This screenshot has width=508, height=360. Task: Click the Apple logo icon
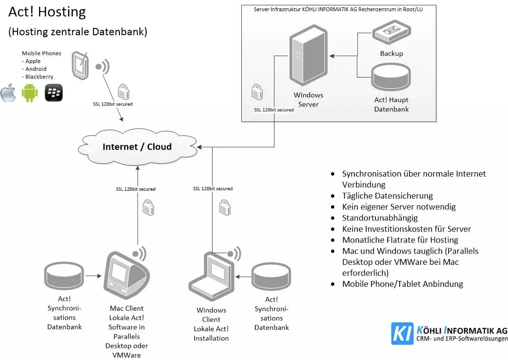[8, 93]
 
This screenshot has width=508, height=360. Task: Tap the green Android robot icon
[29, 92]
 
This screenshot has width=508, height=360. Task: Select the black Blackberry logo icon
[54, 93]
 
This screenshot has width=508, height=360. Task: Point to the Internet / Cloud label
[137, 146]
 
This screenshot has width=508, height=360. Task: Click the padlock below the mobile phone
[123, 91]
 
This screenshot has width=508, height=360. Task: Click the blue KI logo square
[402, 333]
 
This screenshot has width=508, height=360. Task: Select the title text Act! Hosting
[47, 12]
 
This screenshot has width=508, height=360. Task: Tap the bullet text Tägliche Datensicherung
[387, 196]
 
